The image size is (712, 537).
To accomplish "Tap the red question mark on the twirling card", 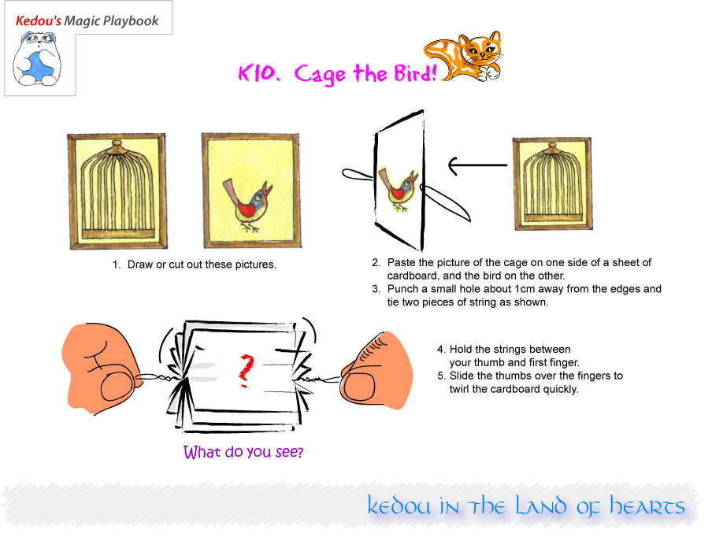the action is click(x=246, y=370).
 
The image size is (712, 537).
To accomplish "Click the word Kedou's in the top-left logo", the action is click(x=38, y=21).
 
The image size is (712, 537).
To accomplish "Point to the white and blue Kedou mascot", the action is click(x=36, y=59).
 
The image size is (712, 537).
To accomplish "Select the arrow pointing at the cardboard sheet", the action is click(x=477, y=165).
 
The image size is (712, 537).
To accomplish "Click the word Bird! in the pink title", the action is click(x=415, y=72).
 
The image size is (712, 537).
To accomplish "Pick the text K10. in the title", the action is click(x=258, y=72).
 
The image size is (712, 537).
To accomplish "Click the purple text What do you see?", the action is click(x=243, y=452).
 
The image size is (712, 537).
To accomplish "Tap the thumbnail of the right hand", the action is click(x=359, y=388).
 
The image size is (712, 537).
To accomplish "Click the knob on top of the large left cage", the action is click(x=117, y=146).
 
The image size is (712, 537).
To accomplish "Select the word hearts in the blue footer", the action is click(x=647, y=506).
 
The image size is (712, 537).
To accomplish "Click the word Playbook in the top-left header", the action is click(x=131, y=21).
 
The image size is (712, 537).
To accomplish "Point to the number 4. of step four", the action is click(x=441, y=350).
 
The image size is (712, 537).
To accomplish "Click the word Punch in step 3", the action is click(x=402, y=289).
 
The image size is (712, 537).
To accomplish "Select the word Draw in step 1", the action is click(x=140, y=265).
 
